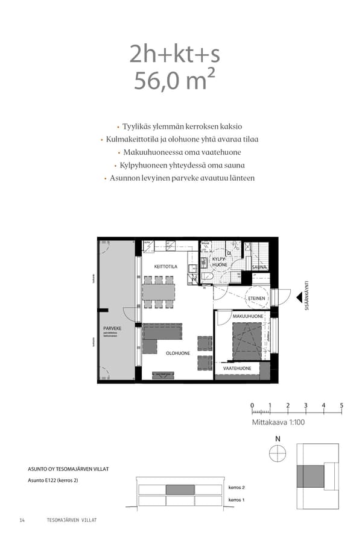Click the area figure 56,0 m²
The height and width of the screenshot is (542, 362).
tap(174, 81)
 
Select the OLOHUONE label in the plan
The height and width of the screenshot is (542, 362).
tap(178, 354)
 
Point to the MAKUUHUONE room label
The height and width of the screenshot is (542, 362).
tap(247, 316)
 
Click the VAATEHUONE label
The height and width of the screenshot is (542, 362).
tap(237, 367)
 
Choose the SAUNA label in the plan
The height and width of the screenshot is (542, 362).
tap(259, 266)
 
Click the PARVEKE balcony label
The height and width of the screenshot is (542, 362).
tap(112, 328)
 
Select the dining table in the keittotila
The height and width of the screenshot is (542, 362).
tap(159, 292)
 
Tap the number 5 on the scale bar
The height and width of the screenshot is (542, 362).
tap(341, 405)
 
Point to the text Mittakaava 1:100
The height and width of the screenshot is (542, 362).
tap(278, 423)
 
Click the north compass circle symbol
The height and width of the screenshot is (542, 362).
tap(278, 454)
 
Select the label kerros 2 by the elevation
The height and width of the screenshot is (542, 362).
tap(237, 487)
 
